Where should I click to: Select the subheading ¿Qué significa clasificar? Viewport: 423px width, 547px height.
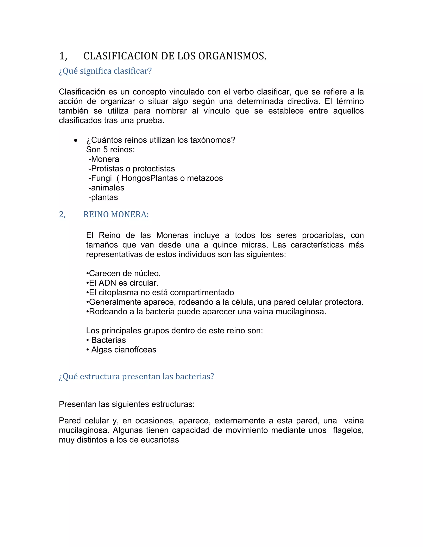point(105,71)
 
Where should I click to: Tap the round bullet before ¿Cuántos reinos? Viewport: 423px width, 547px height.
point(75,141)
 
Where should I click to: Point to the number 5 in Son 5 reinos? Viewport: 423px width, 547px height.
point(105,149)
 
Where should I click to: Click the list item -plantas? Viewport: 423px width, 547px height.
point(103,197)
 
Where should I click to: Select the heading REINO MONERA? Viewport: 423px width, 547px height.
point(116,214)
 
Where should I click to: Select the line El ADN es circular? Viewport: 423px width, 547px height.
point(122,283)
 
